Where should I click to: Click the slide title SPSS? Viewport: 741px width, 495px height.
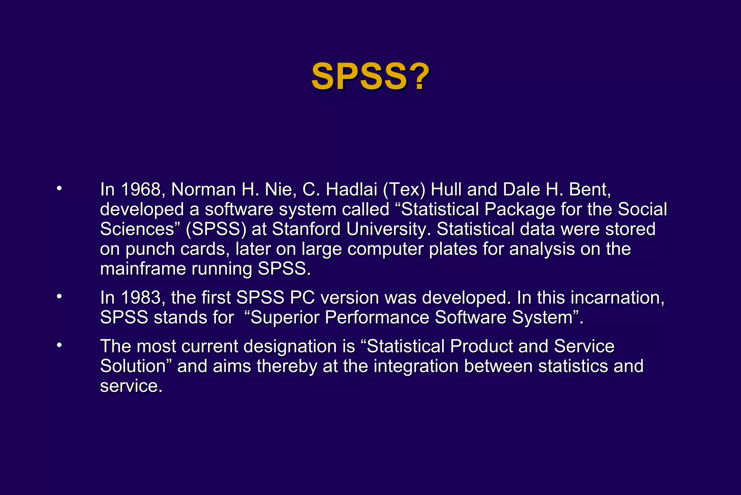click(x=370, y=76)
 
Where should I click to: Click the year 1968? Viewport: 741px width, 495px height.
click(x=141, y=190)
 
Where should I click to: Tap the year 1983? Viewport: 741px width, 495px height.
click(x=141, y=298)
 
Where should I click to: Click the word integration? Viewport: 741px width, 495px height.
click(x=416, y=366)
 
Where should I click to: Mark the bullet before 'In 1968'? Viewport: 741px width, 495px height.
click(x=59, y=188)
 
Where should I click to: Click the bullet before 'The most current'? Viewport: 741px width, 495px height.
click(x=59, y=345)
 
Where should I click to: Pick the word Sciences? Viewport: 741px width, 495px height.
click(x=137, y=229)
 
